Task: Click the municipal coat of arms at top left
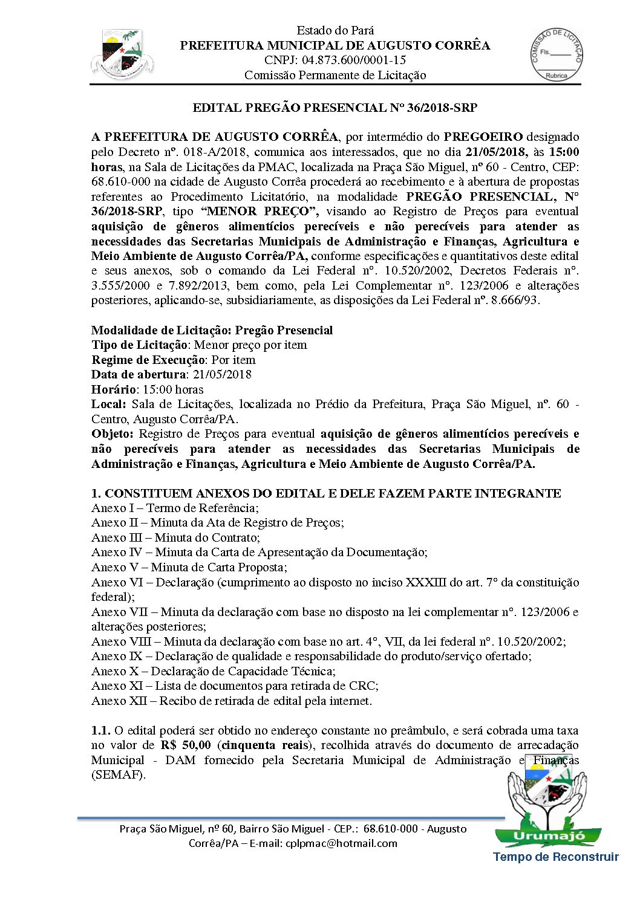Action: click(122, 54)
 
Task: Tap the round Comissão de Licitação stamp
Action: click(556, 54)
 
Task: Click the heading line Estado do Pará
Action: click(335, 30)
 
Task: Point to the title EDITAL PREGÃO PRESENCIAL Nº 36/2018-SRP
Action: click(335, 108)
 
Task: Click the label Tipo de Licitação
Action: click(140, 345)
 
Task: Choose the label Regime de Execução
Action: click(148, 360)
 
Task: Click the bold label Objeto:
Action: click(112, 434)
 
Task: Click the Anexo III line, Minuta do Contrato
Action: click(175, 538)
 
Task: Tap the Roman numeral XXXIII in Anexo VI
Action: click(426, 583)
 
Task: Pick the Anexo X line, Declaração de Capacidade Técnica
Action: click(213, 672)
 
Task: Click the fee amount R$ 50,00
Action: click(186, 745)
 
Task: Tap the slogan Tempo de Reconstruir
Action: click(556, 857)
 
